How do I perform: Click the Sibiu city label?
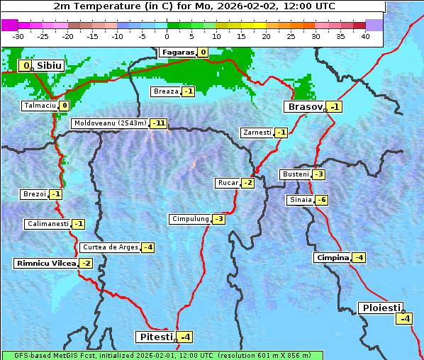[50, 66]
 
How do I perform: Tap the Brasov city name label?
[304, 107]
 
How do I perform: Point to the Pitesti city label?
[155, 336]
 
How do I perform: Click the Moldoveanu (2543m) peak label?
[110, 123]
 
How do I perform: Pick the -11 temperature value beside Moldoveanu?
[159, 123]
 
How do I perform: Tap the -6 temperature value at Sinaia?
[321, 200]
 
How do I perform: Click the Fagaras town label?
[177, 52]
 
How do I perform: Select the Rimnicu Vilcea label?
[45, 263]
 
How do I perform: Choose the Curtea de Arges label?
[109, 247]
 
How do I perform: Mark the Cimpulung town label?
[189, 219]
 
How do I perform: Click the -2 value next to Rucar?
[247, 183]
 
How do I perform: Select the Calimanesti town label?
[47, 224]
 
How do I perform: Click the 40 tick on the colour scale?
[365, 36]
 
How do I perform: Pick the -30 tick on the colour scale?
[18, 36]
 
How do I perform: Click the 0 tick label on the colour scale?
[167, 36]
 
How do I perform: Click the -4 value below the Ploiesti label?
[404, 318]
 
